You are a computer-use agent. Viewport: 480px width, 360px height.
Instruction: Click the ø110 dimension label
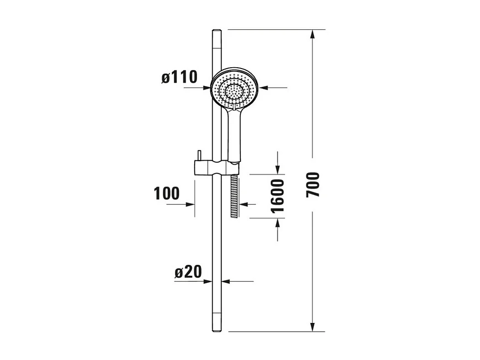point(179,77)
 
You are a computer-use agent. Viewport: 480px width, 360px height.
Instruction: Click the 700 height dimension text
point(313,185)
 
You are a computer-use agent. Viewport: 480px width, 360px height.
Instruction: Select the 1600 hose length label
point(277,196)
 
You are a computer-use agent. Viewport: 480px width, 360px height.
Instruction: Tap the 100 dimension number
point(166,193)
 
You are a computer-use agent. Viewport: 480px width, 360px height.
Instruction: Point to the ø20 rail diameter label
point(188,272)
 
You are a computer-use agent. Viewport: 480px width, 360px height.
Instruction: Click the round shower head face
point(235,90)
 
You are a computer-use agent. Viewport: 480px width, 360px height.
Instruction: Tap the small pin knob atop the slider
point(199,155)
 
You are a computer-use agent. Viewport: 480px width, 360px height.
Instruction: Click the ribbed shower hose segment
point(235,197)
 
